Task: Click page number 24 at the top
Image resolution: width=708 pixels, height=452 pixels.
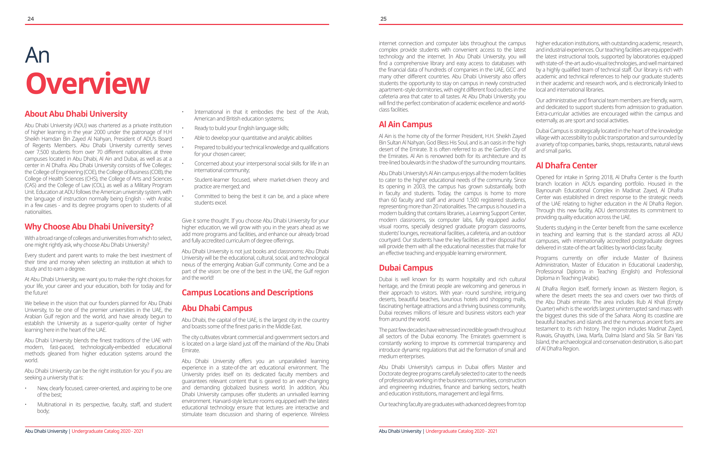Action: (x=30, y=19)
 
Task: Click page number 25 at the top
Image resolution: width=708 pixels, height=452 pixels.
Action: (x=383, y=19)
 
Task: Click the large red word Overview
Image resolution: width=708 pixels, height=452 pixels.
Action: (x=88, y=84)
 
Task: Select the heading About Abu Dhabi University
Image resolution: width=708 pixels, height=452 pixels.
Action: (x=76, y=114)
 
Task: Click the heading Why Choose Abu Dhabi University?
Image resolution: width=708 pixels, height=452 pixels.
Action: (x=89, y=227)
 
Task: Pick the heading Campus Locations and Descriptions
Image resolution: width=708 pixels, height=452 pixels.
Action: (x=247, y=293)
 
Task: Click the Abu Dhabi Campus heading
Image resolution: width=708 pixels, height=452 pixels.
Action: (x=217, y=308)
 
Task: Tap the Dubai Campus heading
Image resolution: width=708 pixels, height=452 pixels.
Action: (x=406, y=268)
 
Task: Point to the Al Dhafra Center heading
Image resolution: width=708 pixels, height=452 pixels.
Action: (x=566, y=166)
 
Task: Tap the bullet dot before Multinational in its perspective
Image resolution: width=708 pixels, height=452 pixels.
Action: (x=25, y=405)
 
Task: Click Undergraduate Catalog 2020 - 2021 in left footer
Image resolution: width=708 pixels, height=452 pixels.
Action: (x=107, y=431)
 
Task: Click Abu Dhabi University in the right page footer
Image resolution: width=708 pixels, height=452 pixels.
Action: (x=400, y=431)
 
